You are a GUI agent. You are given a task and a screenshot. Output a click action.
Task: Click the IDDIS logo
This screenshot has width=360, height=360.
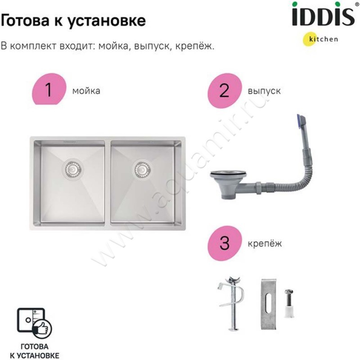323,14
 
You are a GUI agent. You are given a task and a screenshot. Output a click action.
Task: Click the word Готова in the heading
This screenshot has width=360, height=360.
25,20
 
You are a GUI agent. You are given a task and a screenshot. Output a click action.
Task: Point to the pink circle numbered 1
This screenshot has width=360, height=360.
49,89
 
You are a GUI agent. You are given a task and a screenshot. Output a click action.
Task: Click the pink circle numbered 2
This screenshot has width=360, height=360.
225,90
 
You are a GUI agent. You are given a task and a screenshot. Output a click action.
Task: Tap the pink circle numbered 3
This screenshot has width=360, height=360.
225,243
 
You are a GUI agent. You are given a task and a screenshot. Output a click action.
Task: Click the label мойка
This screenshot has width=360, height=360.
86,91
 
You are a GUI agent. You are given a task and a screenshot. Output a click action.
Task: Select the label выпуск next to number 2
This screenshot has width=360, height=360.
264,91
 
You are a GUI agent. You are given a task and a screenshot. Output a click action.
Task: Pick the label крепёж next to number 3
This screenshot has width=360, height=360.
265,243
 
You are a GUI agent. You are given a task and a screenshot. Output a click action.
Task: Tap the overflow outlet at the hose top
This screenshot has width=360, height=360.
301,121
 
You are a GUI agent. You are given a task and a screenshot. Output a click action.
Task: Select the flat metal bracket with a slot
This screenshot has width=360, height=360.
269,305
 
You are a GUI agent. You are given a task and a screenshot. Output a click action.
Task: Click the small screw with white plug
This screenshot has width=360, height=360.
289,303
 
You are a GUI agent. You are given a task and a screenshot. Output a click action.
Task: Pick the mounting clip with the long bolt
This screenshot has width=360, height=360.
233,303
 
